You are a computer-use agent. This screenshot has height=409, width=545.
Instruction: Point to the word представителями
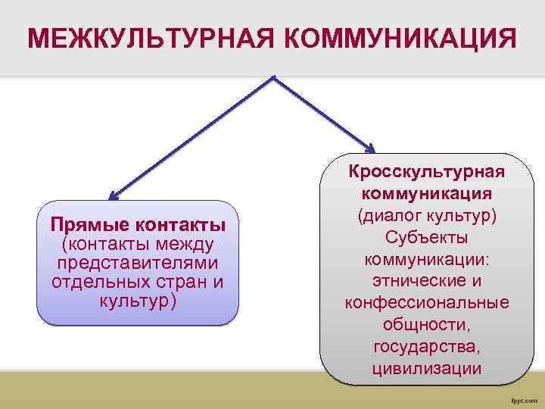(138, 263)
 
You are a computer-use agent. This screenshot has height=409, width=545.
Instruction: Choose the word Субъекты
(427, 237)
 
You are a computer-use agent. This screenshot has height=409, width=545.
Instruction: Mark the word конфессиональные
(427, 303)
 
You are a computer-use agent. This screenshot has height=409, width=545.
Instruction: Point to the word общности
(427, 325)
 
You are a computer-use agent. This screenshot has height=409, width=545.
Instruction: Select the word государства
(427, 347)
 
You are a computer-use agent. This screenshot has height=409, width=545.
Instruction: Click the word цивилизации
(427, 369)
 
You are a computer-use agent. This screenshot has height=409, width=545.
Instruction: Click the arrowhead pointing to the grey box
(369, 148)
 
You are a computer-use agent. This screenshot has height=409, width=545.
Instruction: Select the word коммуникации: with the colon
(427, 259)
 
